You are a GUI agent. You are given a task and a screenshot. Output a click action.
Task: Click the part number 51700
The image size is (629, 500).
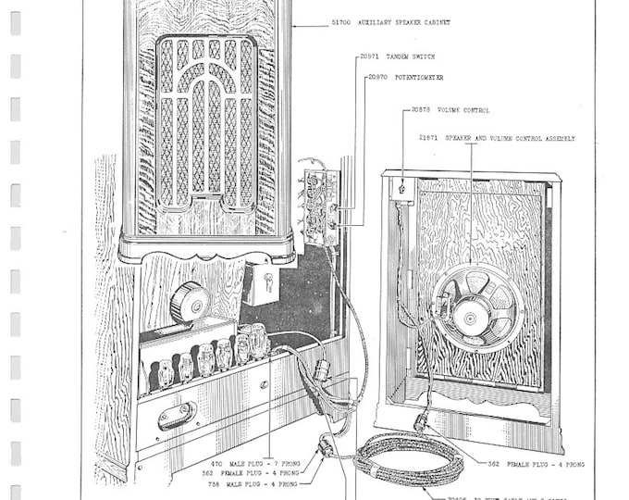click(339, 22)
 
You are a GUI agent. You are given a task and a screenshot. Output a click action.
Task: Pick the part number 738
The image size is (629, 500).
click(216, 482)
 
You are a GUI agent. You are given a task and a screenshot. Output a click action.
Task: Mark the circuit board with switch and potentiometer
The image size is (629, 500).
click(320, 206)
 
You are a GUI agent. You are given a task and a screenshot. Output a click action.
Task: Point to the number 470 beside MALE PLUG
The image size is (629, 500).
click(216, 463)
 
